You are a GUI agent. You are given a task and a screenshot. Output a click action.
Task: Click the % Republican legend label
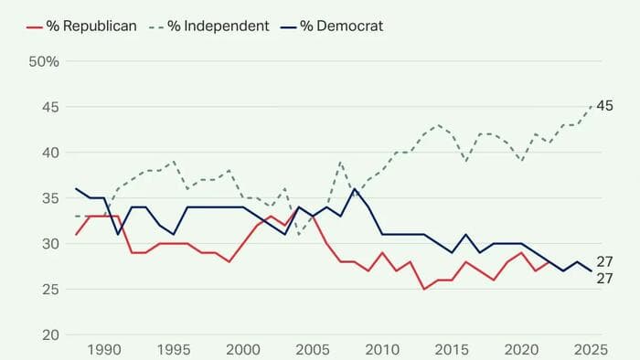point(93,26)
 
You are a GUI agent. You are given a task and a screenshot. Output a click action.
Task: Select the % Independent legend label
point(219,26)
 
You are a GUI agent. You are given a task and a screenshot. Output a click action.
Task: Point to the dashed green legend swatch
point(150,26)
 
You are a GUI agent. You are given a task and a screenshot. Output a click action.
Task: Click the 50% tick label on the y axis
point(43,62)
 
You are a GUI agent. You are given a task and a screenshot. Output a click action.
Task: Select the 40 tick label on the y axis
point(48,153)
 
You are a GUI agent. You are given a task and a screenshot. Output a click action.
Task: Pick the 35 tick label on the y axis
point(48,198)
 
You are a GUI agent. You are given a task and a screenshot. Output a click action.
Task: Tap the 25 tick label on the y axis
point(48,289)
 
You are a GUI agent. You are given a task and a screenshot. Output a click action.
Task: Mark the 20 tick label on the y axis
point(48,334)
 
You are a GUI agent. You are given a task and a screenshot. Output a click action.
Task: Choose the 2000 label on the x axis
point(242,351)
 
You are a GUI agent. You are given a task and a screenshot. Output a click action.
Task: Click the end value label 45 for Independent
point(604,107)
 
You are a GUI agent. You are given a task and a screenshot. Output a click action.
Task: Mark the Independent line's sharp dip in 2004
point(298,234)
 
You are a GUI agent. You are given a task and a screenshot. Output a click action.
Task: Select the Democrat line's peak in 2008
point(355,189)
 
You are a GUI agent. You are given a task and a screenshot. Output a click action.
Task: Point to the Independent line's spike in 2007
point(340,162)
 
